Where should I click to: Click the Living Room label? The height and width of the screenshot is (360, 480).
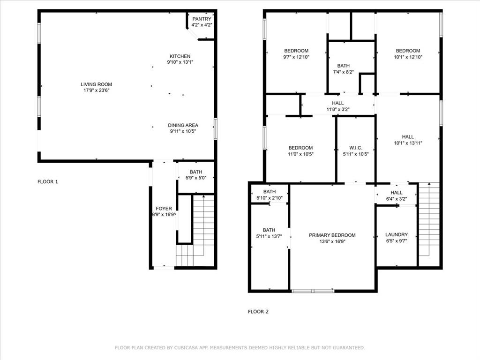(x=96, y=84)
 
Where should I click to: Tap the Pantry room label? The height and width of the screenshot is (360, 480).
(x=202, y=19)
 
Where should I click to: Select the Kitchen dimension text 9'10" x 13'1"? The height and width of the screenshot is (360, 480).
(x=180, y=62)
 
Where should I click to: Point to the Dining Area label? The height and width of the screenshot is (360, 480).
(x=183, y=125)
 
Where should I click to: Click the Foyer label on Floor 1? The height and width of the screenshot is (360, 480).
(x=164, y=209)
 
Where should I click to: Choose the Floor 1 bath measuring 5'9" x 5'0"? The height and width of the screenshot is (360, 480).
(x=196, y=175)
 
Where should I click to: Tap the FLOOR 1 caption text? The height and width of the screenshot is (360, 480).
(x=48, y=181)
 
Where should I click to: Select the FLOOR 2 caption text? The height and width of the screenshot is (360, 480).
(x=258, y=311)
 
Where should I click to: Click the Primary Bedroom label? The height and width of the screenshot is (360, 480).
(x=332, y=235)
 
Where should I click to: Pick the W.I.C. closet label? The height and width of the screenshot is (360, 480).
(x=356, y=148)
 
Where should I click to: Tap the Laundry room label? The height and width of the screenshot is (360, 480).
(x=396, y=234)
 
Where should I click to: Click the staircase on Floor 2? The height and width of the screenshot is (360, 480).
(x=428, y=220)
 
